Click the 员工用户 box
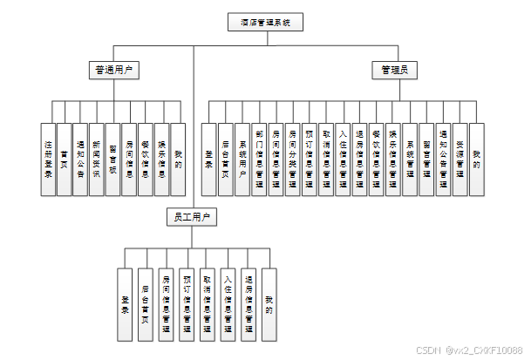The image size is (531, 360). [189, 216]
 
